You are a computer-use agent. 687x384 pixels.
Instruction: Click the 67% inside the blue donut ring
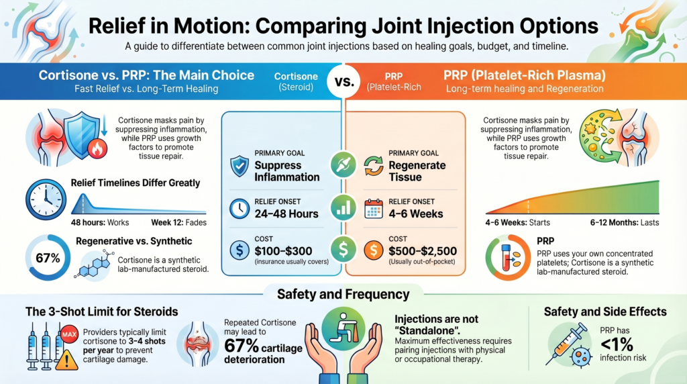point(46,257)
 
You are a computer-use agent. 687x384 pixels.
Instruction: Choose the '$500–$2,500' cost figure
point(423,251)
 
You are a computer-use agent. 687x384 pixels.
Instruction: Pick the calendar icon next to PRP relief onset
point(373,208)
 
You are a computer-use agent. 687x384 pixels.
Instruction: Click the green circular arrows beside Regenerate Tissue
point(373,166)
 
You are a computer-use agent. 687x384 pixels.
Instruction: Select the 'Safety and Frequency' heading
point(343,293)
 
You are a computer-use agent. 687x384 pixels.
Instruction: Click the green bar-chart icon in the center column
point(343,207)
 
